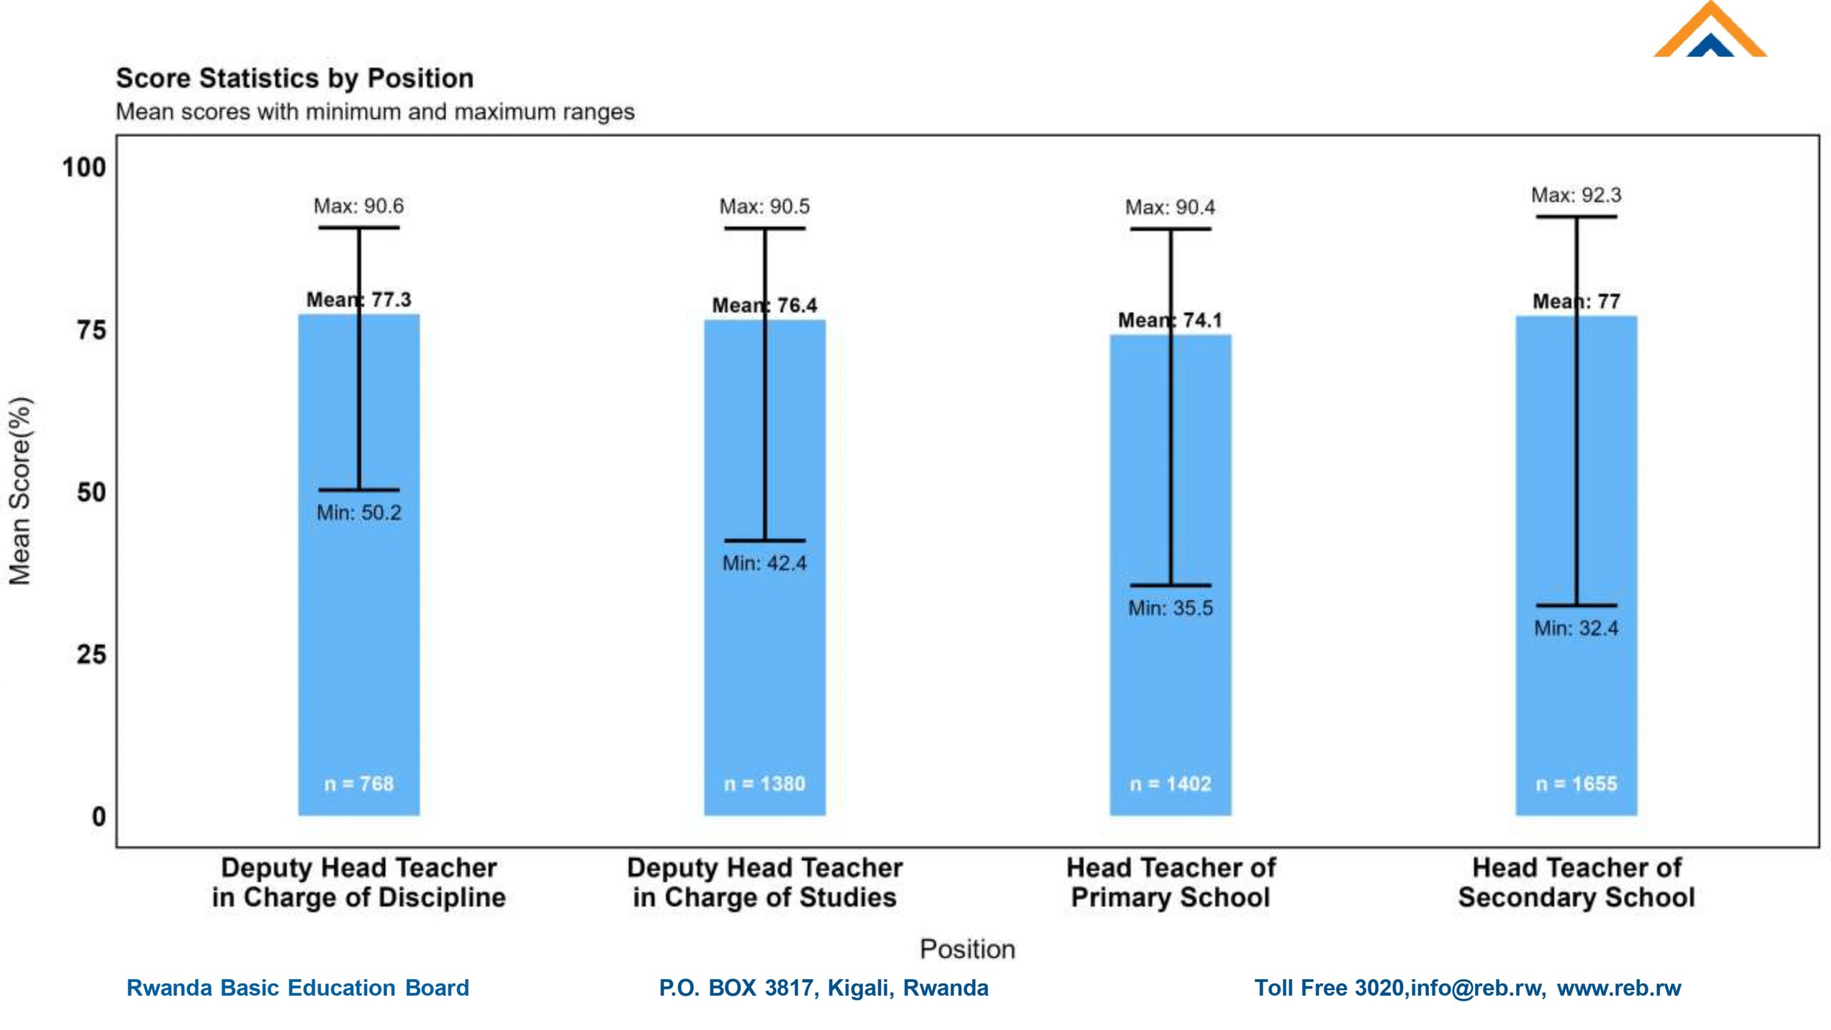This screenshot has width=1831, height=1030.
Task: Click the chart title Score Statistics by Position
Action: click(295, 78)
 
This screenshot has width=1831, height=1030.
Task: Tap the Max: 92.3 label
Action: click(1576, 195)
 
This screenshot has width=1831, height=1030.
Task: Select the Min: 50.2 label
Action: click(359, 513)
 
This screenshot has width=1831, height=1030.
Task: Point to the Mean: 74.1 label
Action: click(1170, 320)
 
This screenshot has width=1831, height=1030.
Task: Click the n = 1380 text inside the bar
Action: click(765, 784)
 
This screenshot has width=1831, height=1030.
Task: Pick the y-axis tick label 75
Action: click(91, 330)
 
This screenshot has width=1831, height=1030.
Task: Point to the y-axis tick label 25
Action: click(91, 655)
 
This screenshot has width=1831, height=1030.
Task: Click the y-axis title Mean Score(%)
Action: click(20, 491)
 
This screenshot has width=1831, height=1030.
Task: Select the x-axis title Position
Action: click(967, 949)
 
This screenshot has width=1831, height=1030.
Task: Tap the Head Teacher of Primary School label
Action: click(1170, 883)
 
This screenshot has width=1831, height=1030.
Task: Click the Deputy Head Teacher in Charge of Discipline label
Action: click(359, 883)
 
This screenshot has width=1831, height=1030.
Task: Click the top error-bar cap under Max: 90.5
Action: click(765, 229)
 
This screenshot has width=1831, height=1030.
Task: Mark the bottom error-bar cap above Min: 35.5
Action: click(1170, 585)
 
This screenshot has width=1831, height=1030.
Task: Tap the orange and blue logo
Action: click(1709, 32)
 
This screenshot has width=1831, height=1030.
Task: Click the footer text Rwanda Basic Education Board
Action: click(298, 988)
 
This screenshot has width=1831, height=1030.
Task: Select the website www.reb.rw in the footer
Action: click(1619, 988)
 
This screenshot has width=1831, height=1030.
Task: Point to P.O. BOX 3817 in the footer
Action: click(737, 988)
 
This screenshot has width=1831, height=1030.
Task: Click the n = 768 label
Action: click(359, 784)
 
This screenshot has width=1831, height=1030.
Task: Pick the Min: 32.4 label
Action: click(1576, 629)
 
